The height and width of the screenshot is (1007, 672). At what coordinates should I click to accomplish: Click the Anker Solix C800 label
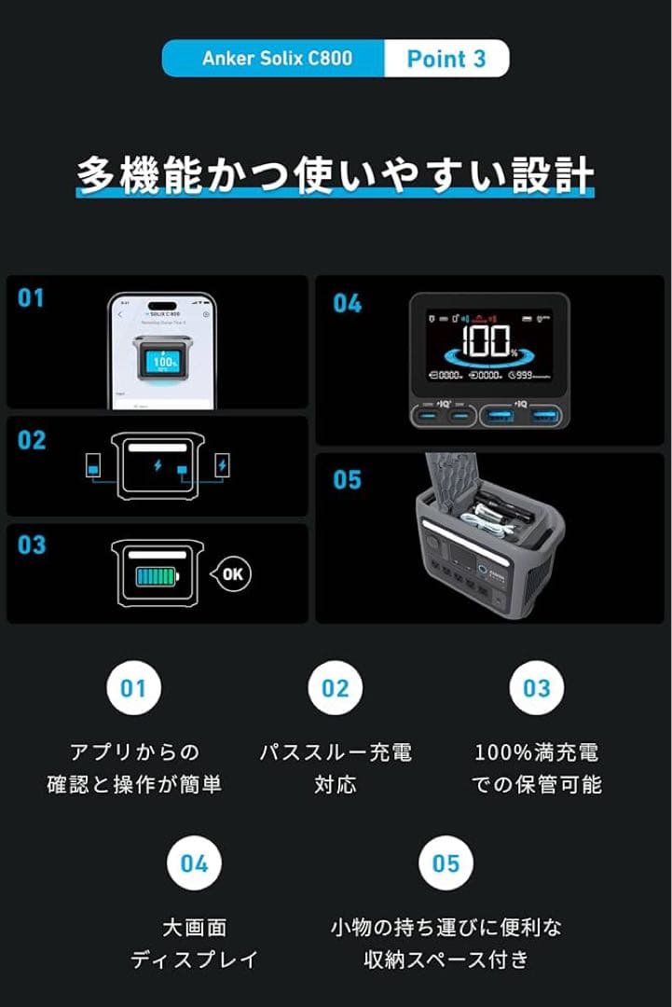277,59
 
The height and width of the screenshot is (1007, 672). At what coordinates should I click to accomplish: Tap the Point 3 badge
446,59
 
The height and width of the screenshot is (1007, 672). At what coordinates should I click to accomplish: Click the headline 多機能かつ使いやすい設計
336,174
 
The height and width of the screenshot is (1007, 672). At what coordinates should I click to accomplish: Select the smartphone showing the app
161,352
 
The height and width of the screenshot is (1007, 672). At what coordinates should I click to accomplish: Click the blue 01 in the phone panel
31,298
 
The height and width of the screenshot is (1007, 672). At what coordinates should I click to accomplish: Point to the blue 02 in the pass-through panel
32,440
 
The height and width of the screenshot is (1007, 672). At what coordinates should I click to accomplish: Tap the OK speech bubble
232,574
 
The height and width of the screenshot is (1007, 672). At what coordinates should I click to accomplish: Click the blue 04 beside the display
347,303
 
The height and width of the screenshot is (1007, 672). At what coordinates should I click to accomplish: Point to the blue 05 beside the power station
347,479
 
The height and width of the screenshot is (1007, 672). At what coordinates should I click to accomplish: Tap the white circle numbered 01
134,688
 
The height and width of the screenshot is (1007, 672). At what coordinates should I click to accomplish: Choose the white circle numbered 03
537,688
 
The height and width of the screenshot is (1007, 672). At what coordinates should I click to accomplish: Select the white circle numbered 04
194,863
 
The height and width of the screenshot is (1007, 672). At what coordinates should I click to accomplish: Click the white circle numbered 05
446,863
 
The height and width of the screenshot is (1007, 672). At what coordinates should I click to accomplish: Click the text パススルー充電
336,752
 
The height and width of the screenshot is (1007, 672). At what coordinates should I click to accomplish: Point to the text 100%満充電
537,752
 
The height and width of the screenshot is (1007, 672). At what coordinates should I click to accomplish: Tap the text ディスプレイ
194,959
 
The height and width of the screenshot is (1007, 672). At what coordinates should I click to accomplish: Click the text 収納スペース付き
446,959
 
